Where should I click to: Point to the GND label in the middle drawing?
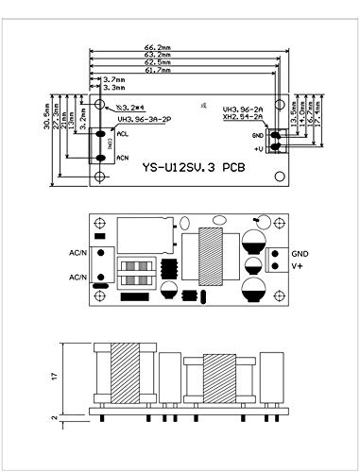[299, 254]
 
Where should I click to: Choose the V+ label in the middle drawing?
[297, 266]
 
